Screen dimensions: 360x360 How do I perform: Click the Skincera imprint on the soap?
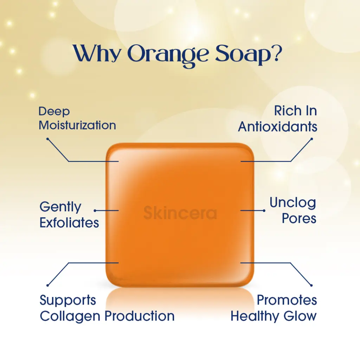(x=180, y=213)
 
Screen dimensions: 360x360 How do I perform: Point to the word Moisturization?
(x=77, y=125)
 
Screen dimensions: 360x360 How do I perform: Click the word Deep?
(x=54, y=112)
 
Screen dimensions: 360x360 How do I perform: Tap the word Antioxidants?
(x=278, y=127)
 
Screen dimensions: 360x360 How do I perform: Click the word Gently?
(x=60, y=207)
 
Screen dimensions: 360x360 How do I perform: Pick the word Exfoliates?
(x=69, y=223)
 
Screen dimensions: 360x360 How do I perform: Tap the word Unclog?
(x=293, y=203)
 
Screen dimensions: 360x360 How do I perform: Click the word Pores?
(x=299, y=218)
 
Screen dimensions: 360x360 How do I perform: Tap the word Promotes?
(x=287, y=300)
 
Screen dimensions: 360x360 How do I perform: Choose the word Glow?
(x=300, y=316)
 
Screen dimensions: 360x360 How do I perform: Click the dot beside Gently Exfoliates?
(x=95, y=210)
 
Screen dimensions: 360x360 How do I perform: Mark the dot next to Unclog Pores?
(x=264, y=211)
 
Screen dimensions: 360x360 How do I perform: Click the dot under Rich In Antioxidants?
(x=311, y=139)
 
